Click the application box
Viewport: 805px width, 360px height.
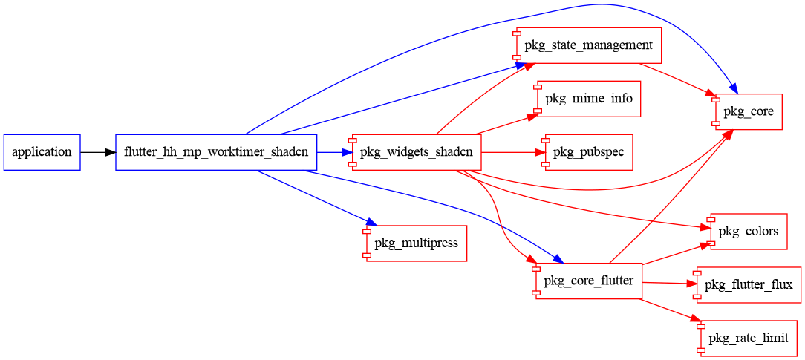click(x=42, y=152)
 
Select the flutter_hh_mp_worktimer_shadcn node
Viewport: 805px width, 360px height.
click(x=216, y=152)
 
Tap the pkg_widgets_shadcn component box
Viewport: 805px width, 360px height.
click(x=417, y=152)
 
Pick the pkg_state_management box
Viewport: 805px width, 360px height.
click(x=588, y=45)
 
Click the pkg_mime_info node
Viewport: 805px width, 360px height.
click(x=588, y=99)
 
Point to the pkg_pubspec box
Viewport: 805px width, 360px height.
click(x=588, y=152)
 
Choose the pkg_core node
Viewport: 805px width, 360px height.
click(x=748, y=112)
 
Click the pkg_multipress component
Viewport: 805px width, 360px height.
click(x=416, y=243)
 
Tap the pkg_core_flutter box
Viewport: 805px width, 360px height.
click(x=588, y=281)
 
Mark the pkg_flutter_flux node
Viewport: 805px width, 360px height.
click(x=748, y=284)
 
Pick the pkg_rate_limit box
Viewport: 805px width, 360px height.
click(x=748, y=338)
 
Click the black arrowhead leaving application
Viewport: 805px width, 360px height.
click(x=111, y=152)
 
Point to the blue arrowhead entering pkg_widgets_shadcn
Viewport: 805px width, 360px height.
click(x=346, y=152)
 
